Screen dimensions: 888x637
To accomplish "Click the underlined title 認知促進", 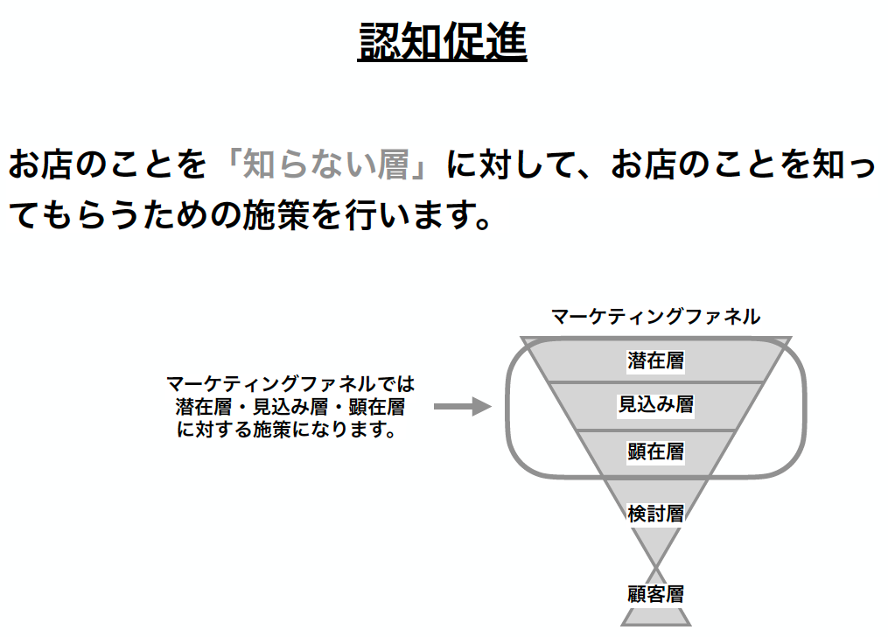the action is click(443, 41).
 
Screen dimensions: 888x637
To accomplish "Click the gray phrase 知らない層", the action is click(325, 164).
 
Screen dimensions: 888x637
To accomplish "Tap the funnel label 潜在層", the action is click(656, 360).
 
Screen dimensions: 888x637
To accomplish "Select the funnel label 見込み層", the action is click(656, 405).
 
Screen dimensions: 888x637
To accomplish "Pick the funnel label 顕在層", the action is click(656, 451).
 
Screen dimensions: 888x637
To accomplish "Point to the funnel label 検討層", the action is click(656, 514).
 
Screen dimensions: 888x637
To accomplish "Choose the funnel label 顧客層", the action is click(656, 594).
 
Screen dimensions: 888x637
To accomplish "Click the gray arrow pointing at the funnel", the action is click(463, 407).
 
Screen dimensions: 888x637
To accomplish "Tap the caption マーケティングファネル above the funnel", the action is click(656, 317).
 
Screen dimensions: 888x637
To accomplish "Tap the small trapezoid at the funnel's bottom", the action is click(656, 617).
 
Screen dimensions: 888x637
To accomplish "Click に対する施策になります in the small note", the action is click(287, 430).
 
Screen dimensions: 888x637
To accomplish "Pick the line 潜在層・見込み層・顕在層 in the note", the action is click(290, 407).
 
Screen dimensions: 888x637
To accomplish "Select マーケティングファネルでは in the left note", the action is click(290, 384).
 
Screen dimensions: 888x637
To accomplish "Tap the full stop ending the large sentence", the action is click(483, 223).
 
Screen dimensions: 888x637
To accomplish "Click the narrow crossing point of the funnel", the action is click(656, 566).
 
